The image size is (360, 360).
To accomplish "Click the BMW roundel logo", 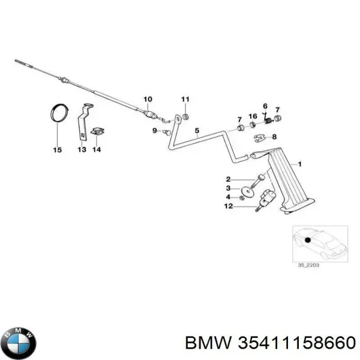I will coord(20,343).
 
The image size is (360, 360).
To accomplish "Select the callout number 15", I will coord(57,150).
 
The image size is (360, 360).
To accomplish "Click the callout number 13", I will coord(82,150).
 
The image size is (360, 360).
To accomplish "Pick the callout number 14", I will coord(97,150).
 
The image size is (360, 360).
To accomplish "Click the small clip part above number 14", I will coord(96,131).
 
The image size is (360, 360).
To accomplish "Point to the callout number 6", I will coord(265,106).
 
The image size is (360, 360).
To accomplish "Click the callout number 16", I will coord(253,116).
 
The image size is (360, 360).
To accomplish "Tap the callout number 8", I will coord(275,137).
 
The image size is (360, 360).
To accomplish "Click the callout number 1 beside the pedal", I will coord(300,163).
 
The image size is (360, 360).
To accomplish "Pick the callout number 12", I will coord(228,207).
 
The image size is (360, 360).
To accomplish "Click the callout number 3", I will coord(228,188).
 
